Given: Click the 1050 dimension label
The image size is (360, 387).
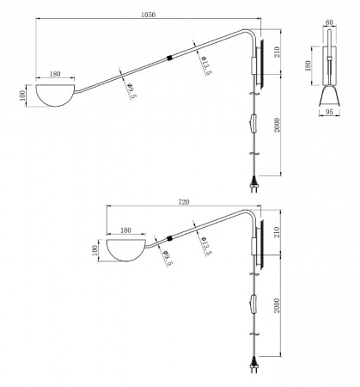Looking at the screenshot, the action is tap(148, 15).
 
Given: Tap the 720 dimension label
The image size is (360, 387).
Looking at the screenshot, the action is tap(184, 202).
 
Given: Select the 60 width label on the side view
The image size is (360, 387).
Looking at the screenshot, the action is tap(329, 22).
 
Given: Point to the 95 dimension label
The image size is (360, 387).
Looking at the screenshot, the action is tap(330, 112).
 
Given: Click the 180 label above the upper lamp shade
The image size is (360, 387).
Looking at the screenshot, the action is tap(55, 74).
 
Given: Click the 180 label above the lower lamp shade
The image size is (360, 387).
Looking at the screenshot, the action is tap(125, 230).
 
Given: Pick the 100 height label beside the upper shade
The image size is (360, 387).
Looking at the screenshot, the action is tap(22, 95).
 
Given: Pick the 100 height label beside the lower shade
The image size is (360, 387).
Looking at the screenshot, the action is tap(95, 250).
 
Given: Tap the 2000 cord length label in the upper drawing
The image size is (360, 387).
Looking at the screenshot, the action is tap(277, 125).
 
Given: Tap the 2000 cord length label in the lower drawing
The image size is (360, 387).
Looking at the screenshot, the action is tap(277, 305).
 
